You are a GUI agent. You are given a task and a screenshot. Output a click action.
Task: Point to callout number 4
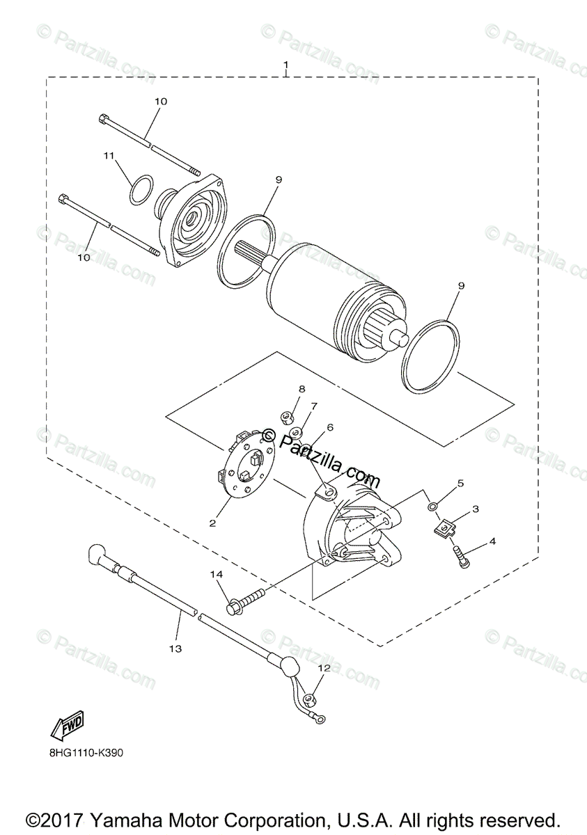coord(493,541)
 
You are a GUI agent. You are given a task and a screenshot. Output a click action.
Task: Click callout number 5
coord(460,482)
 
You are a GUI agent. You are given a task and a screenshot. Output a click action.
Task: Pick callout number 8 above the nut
coord(302,388)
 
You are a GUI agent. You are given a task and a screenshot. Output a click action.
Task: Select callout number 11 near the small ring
coord(109,157)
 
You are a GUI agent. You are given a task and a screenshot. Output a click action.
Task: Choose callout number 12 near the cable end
coord(323,668)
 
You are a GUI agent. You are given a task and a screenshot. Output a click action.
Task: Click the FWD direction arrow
coord(67,727)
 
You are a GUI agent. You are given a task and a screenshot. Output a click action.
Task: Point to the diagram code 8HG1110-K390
coord(87,753)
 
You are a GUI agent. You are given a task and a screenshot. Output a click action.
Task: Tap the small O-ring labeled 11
coord(141,190)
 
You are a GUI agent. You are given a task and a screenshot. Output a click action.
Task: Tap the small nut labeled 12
coord(311,698)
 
